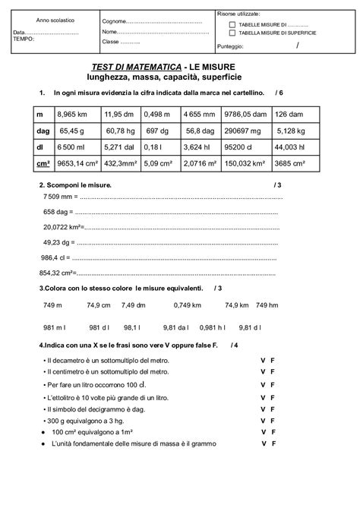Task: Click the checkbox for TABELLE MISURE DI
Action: (x=232, y=24)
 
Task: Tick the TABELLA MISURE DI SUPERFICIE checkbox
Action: (x=232, y=33)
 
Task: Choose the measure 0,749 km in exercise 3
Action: (x=187, y=304)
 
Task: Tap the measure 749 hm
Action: (x=268, y=304)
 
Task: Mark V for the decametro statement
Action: (x=262, y=359)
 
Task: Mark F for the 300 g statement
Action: (x=271, y=420)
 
